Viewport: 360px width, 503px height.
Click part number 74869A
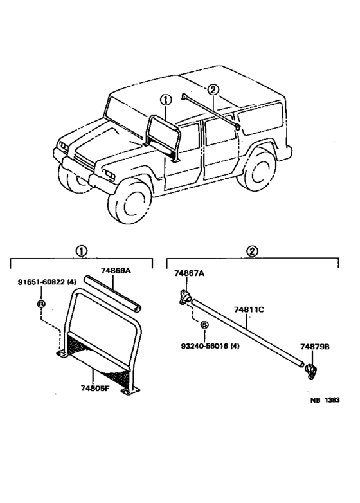(x=116, y=271)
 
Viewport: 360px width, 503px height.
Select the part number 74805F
(x=96, y=389)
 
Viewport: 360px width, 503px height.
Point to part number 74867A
(x=189, y=273)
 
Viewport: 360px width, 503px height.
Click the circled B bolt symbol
(x=40, y=303)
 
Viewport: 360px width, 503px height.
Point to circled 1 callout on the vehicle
(x=166, y=100)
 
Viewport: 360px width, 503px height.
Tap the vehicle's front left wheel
(x=132, y=201)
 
